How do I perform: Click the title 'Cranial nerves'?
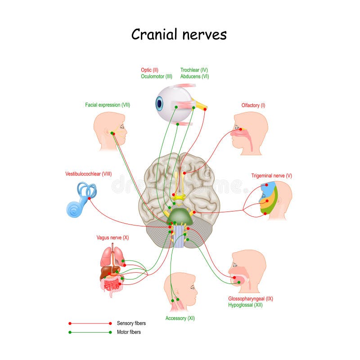pos(179,34)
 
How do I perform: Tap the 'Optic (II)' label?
pos(149,70)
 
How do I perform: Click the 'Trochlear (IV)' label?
pos(194,70)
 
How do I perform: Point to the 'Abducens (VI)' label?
pos(194,76)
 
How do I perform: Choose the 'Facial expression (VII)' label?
pos(108,105)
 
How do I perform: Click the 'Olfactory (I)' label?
pos(253,105)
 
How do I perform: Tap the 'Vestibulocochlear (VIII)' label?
pos(89,174)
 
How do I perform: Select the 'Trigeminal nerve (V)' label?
pos(271,176)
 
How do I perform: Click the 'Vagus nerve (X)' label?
pos(112,237)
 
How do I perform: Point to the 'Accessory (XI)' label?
pos(180,318)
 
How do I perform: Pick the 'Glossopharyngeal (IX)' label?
pos(251,298)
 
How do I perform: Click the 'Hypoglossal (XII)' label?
pos(245,305)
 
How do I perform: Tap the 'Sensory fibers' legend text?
pos(131,323)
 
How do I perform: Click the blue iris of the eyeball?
pos(159,103)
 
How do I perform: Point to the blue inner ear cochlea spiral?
pos(74,208)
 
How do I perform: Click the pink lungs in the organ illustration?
pos(106,256)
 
